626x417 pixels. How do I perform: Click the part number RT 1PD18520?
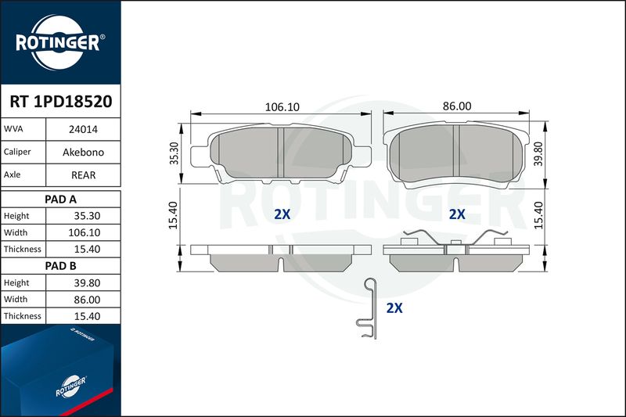(x=61, y=102)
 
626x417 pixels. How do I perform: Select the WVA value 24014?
(x=83, y=129)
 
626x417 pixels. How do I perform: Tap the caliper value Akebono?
(x=83, y=152)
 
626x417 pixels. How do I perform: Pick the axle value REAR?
(x=83, y=175)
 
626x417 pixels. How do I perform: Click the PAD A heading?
(x=60, y=200)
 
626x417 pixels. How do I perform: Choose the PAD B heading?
(x=60, y=266)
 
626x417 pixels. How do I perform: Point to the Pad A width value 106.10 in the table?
(x=85, y=232)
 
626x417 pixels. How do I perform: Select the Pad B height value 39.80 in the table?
(x=87, y=283)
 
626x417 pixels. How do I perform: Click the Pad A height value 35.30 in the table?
(x=87, y=216)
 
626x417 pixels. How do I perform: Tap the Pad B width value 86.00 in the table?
(x=87, y=300)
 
